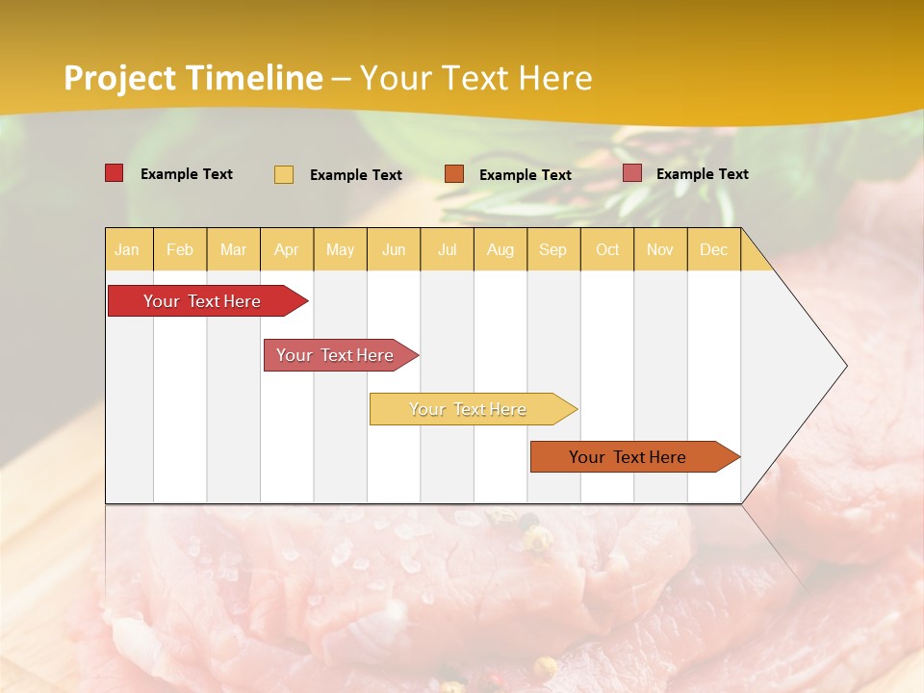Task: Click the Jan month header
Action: (127, 250)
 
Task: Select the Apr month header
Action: (286, 250)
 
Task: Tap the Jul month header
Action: (447, 250)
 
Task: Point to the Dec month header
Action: (713, 250)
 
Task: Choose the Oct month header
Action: (607, 250)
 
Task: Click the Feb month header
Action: (180, 250)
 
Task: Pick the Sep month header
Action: (552, 250)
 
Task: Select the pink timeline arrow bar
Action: (337, 355)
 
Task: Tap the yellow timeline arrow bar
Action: (470, 409)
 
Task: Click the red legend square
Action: (115, 173)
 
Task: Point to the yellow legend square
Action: (284, 174)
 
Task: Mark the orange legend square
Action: (454, 174)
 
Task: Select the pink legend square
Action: (632, 173)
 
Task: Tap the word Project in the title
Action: (120, 78)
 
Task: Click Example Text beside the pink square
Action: (702, 174)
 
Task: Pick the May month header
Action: (340, 250)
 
